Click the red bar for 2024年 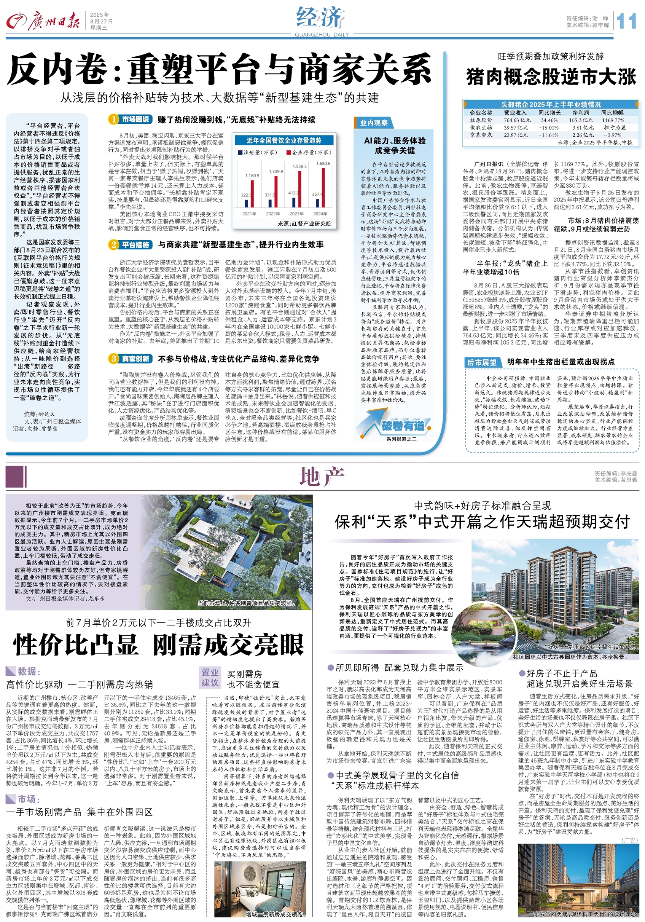(324, 188)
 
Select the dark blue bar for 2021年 (246, 203)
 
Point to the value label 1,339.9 (276, 171)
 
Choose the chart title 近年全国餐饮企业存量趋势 (284, 140)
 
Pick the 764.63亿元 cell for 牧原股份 (517, 120)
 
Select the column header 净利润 (580, 113)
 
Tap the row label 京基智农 (481, 135)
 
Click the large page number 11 (626, 21)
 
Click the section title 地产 (322, 477)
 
